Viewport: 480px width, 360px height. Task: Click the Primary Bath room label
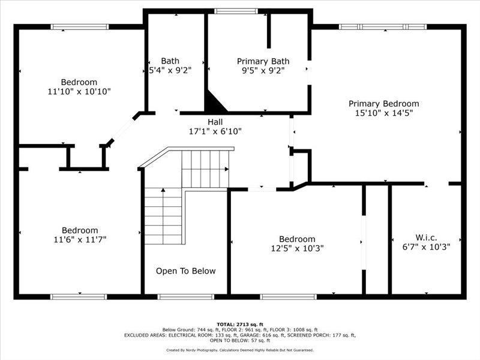[x=263, y=61]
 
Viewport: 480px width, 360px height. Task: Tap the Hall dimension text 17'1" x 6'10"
[x=215, y=131]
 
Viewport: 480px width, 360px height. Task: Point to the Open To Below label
[x=185, y=271]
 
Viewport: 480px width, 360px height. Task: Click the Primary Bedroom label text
[x=383, y=104]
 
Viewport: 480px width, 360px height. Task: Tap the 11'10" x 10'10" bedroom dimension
[x=79, y=91]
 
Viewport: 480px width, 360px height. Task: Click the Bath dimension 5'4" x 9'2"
[x=170, y=70]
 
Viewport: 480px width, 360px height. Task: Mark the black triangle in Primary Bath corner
[x=215, y=102]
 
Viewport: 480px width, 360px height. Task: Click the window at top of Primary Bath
[x=232, y=11]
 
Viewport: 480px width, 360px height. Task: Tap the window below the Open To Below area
[x=185, y=296]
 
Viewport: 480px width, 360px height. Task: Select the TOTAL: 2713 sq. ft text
[x=239, y=325]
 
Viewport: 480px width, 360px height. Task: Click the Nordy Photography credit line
[x=239, y=350]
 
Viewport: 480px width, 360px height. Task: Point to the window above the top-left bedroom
[x=79, y=26]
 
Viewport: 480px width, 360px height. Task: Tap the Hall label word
[x=215, y=122]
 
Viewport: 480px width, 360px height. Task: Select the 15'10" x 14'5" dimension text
[x=383, y=113]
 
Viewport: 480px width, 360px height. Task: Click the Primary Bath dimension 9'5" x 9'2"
[x=263, y=70]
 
